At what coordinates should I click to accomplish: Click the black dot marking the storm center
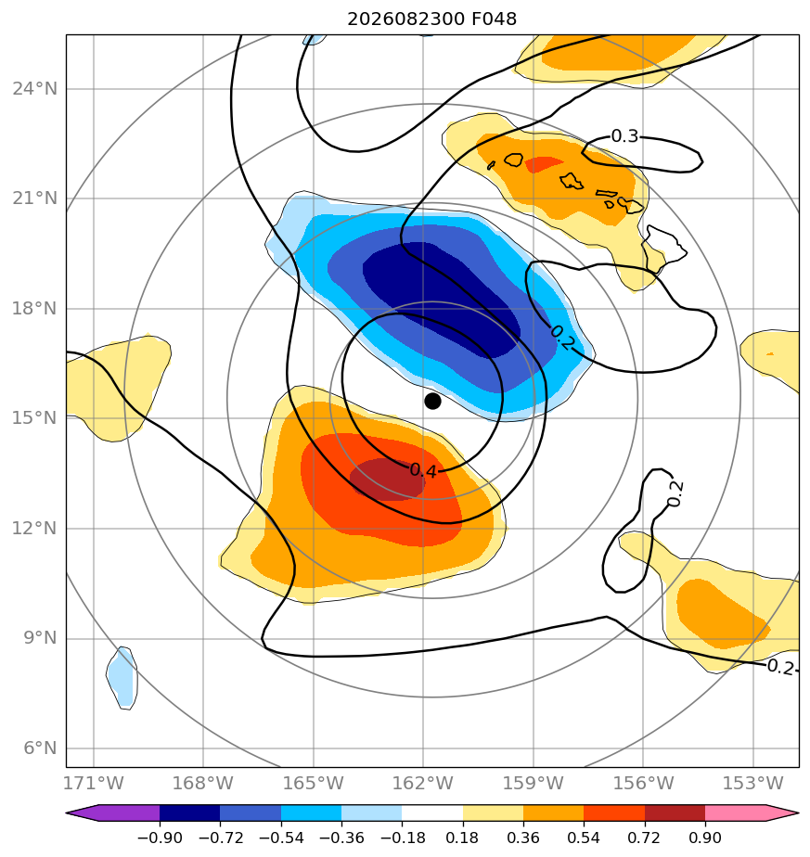click(x=432, y=402)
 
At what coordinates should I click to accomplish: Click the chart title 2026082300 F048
click(x=431, y=19)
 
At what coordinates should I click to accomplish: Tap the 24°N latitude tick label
click(x=34, y=88)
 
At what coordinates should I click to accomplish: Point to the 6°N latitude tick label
click(x=40, y=748)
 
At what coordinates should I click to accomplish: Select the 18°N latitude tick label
click(x=34, y=308)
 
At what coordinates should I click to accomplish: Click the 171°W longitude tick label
click(x=94, y=783)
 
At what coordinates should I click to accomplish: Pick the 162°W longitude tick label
click(x=423, y=783)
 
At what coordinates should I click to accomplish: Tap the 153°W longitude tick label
click(x=753, y=783)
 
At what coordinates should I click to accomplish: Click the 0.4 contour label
click(x=423, y=470)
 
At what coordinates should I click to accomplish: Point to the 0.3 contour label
click(x=624, y=136)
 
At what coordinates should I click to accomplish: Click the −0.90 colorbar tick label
click(x=160, y=838)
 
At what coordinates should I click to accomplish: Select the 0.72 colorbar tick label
click(x=645, y=838)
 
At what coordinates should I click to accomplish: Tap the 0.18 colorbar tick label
click(x=463, y=838)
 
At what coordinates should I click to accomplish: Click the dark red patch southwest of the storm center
click(x=386, y=480)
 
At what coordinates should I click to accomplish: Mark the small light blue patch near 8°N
click(x=122, y=678)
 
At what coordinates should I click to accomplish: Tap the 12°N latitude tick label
click(x=34, y=528)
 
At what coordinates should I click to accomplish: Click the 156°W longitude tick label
click(x=643, y=783)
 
